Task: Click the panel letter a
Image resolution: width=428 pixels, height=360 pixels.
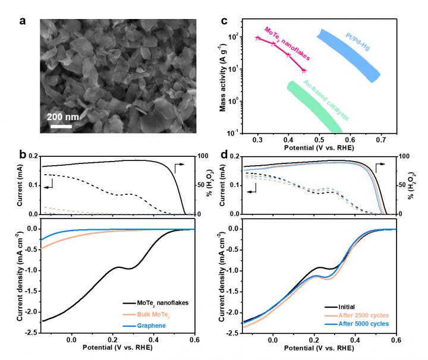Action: click(23, 22)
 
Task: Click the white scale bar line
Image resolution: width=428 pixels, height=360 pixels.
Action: click(61, 125)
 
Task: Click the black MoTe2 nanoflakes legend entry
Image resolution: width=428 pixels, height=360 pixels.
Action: click(158, 303)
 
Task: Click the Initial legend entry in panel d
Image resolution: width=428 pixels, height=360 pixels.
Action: click(350, 304)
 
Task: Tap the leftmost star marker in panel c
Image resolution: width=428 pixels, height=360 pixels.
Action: click(257, 38)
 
